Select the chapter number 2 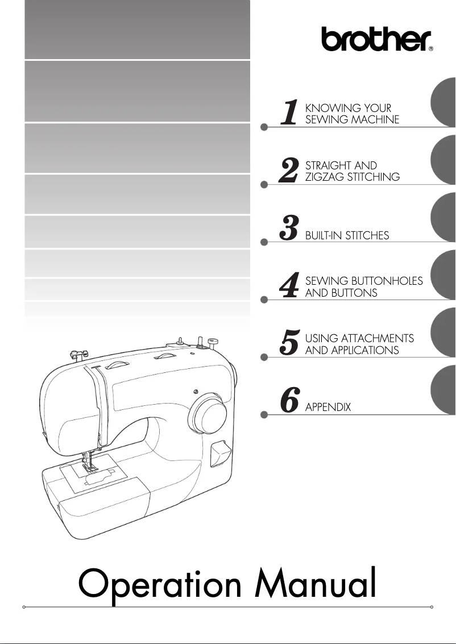(x=289, y=171)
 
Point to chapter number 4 (x=289, y=286)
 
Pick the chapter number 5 (x=289, y=344)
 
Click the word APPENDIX (x=328, y=408)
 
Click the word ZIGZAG (x=324, y=177)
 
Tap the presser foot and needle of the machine (x=88, y=460)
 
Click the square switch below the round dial (x=218, y=454)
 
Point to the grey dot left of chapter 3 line (x=263, y=243)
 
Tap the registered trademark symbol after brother (x=431, y=49)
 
